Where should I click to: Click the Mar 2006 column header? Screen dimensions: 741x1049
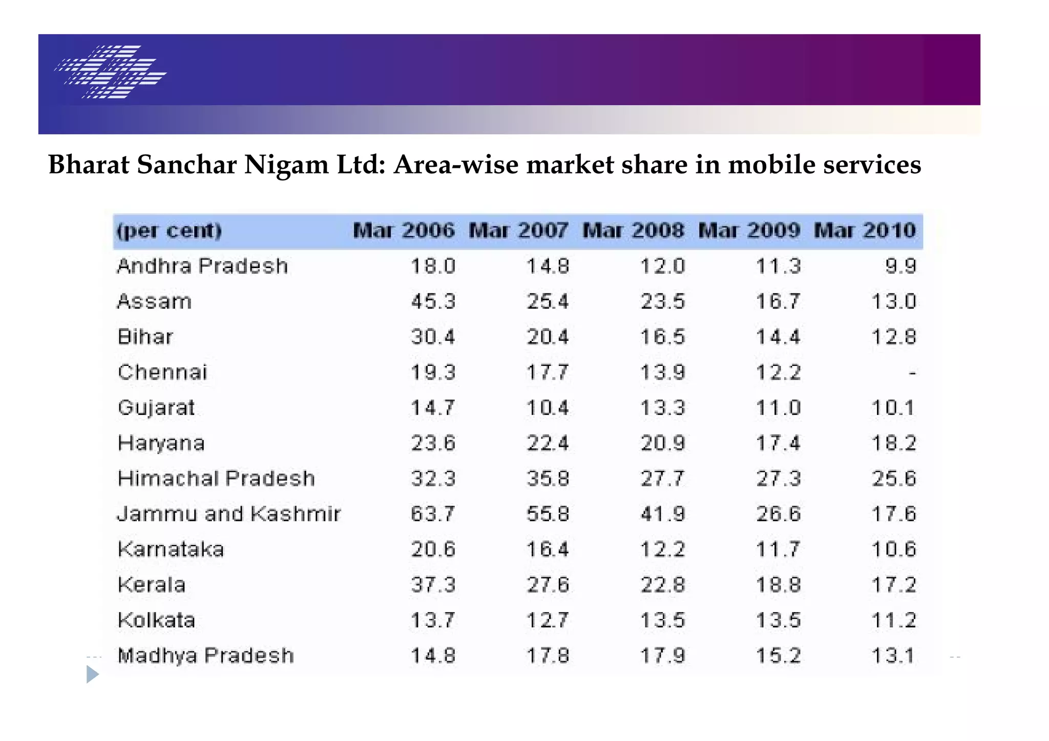point(404,231)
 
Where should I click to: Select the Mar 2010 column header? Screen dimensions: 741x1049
point(865,231)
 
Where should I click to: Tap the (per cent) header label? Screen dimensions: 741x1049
point(169,231)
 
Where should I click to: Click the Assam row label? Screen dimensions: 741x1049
point(154,301)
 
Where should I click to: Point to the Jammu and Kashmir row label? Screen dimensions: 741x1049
point(228,514)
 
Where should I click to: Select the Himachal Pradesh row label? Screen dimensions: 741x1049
point(216,478)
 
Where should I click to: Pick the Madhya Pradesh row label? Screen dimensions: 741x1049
point(205,656)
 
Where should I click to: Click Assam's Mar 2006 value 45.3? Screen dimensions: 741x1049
point(433,301)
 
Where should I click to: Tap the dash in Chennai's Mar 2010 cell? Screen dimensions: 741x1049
point(912,373)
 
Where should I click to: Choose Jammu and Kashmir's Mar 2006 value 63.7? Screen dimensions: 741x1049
point(433,514)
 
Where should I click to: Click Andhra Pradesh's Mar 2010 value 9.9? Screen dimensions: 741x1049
point(900,266)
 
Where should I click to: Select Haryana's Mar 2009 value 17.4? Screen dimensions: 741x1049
point(778,443)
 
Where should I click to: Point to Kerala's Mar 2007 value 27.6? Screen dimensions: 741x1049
point(548,585)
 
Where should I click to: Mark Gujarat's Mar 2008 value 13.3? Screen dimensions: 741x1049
point(662,408)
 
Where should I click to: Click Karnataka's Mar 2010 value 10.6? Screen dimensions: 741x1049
point(893,550)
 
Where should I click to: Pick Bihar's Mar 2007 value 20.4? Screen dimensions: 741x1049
point(548,337)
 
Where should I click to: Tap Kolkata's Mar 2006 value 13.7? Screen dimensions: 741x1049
point(433,620)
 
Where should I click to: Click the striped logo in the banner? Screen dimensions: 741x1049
point(111,72)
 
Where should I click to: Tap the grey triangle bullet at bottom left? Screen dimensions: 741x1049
point(92,674)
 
